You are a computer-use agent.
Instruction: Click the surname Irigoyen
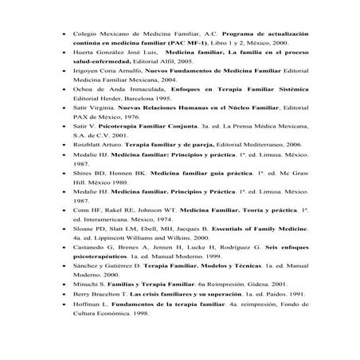[x=86, y=83]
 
